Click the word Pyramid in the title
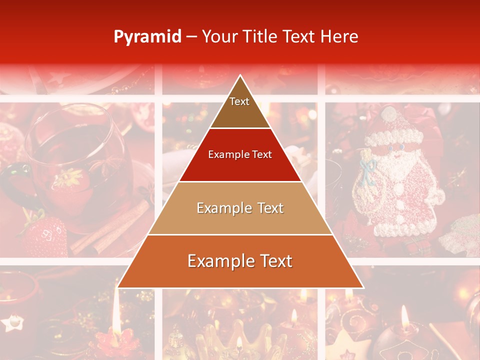click(147, 37)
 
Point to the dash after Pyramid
click(191, 37)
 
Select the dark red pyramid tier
click(240, 155)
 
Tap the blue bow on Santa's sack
click(369, 168)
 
